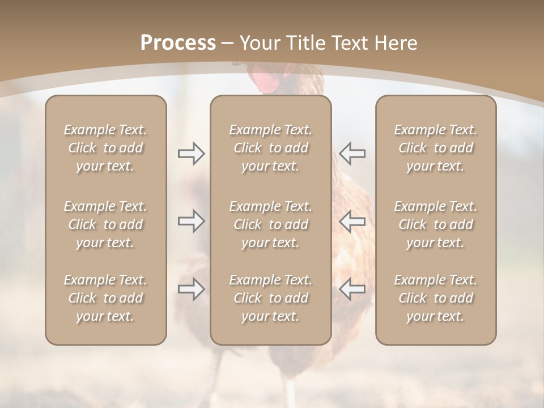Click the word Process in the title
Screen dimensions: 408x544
[178, 43]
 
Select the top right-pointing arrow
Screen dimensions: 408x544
[191, 154]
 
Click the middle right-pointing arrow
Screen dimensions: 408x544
[191, 221]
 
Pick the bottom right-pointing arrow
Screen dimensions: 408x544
[191, 289]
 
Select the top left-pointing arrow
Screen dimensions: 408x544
[352, 154]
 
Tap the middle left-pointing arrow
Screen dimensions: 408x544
[352, 221]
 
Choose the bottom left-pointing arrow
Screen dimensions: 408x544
[352, 289]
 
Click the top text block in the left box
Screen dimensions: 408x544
[105, 148]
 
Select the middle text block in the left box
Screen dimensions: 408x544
[105, 224]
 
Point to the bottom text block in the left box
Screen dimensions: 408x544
[105, 298]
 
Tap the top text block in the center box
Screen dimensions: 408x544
[271, 148]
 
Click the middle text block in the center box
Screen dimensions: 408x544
[271, 224]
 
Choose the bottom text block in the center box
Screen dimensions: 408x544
[271, 298]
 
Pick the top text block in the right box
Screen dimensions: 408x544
[436, 148]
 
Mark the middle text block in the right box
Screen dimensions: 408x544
[436, 224]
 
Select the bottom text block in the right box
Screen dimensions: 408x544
[436, 298]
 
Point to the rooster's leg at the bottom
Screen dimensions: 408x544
[290, 391]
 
